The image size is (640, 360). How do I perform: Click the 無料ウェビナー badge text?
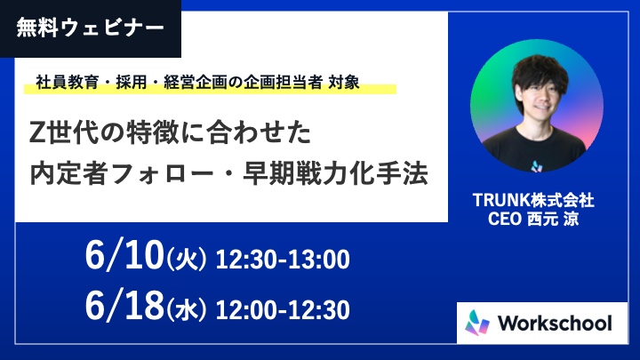coord(90,28)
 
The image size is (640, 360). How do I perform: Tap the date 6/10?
coord(124,255)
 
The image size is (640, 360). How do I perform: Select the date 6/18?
coord(124,306)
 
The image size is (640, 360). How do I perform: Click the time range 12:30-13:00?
coord(283,260)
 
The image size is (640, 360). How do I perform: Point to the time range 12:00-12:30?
coord(283,310)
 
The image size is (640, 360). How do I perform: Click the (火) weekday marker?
coord(186,260)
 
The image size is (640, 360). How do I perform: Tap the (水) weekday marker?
coord(186,310)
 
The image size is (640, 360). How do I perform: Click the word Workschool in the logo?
coord(555,324)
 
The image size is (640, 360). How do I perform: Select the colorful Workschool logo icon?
coord(477,323)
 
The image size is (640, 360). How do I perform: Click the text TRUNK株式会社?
coord(533,200)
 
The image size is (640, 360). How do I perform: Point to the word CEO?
coord(505,219)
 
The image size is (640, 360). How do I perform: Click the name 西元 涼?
coord(553,219)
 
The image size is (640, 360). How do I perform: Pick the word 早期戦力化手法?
coord(335,174)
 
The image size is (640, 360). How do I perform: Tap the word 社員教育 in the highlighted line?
coord(68,82)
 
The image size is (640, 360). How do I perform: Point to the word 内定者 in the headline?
coord(68,174)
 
